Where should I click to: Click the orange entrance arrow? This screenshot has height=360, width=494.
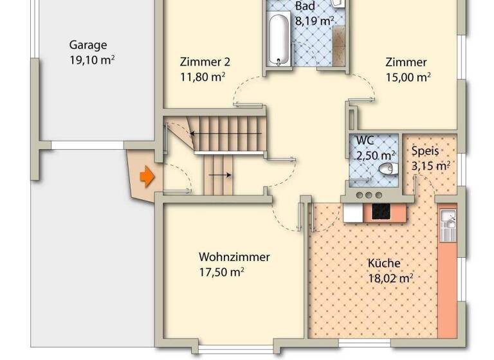coord(147,176)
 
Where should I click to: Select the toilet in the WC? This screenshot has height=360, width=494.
coord(386,169)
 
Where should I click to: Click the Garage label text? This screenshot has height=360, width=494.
coord(88,45)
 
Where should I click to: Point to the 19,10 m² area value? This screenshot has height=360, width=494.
coord(92,60)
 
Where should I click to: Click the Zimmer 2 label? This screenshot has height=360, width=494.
coord(204,62)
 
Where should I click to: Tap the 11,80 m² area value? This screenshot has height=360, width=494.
coord(203,78)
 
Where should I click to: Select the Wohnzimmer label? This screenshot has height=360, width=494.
coord(234,257)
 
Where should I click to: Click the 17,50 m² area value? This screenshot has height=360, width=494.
coord(221,273)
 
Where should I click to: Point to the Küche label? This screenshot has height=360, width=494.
coord(384,263)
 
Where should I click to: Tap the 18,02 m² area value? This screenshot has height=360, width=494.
coord(390,278)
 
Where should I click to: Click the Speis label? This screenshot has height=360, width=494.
coord(425,152)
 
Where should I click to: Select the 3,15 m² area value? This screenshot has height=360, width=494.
coord(430,166)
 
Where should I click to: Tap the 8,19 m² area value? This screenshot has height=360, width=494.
coord(314,21)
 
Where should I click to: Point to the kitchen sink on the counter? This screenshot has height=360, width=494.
coord(448,226)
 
